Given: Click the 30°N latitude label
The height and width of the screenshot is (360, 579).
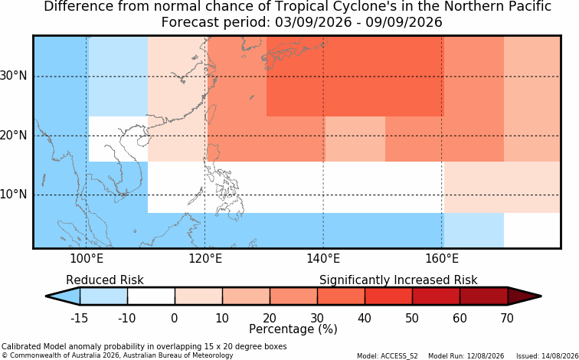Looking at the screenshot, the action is [x=14, y=76].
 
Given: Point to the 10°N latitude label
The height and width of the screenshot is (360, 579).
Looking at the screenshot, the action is [x=14, y=194].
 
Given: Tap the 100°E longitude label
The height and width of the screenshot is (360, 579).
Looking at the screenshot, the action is [x=87, y=259].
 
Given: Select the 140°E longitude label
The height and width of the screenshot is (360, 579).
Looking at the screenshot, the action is [x=323, y=259].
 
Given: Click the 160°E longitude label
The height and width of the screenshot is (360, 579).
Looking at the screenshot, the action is [x=442, y=259].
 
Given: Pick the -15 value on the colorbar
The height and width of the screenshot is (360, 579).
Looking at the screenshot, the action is [x=80, y=318].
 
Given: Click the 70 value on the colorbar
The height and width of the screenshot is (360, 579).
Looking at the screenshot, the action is [x=507, y=318].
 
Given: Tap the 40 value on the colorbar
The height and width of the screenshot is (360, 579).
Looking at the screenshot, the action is [x=364, y=318].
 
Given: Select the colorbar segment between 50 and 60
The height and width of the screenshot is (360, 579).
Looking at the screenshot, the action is [x=436, y=296].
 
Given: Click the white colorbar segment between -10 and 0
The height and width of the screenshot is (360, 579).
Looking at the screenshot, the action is [x=151, y=296].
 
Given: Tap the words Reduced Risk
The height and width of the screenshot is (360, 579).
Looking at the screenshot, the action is [x=105, y=280].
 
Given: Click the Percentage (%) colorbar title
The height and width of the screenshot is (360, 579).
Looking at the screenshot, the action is [x=293, y=329].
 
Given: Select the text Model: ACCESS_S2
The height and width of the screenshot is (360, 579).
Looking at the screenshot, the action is [x=388, y=356].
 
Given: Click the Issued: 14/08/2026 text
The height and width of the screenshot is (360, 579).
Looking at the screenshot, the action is [x=548, y=356].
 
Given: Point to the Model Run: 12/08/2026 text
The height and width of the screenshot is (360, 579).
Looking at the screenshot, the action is [x=466, y=356].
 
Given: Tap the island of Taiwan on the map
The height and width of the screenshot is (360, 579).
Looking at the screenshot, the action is [x=211, y=114].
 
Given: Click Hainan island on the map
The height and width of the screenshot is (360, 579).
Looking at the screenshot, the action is [x=142, y=141].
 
